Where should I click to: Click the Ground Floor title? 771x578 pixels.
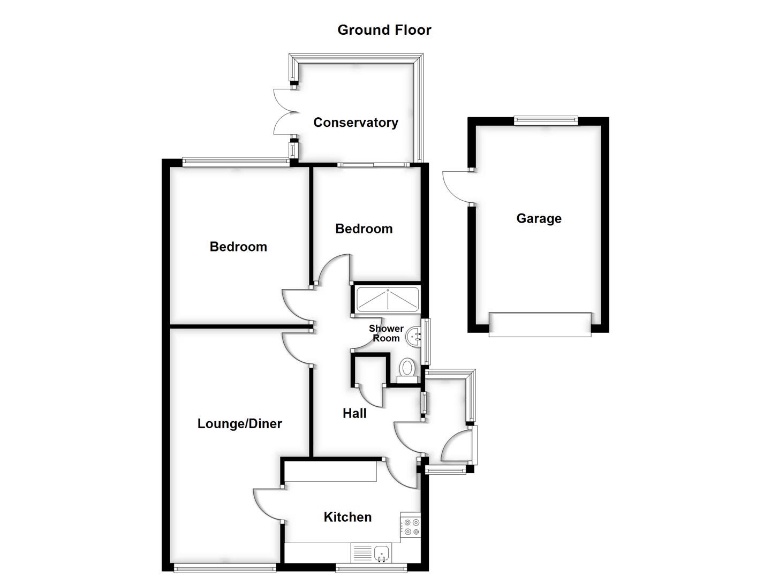pyautogui.click(x=384, y=30)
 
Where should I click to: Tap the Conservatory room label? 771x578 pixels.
pyautogui.click(x=356, y=123)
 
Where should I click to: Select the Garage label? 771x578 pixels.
pyautogui.click(x=539, y=218)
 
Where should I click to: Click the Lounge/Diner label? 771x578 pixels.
pyautogui.click(x=239, y=424)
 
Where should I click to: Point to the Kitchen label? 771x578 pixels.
pyautogui.click(x=347, y=517)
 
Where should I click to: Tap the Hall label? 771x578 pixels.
pyautogui.click(x=354, y=413)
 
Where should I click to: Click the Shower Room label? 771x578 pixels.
pyautogui.click(x=386, y=333)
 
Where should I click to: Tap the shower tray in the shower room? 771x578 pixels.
pyautogui.click(x=387, y=300)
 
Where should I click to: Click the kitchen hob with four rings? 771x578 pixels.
pyautogui.click(x=411, y=527)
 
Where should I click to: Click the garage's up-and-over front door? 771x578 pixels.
pyautogui.click(x=540, y=324)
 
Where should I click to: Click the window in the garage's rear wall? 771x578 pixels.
pyautogui.click(x=546, y=121)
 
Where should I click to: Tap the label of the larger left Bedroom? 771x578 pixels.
pyautogui.click(x=238, y=247)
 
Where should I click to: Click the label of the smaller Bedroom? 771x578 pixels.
pyautogui.click(x=364, y=229)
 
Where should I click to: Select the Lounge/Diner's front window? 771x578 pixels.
pyautogui.click(x=224, y=568)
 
